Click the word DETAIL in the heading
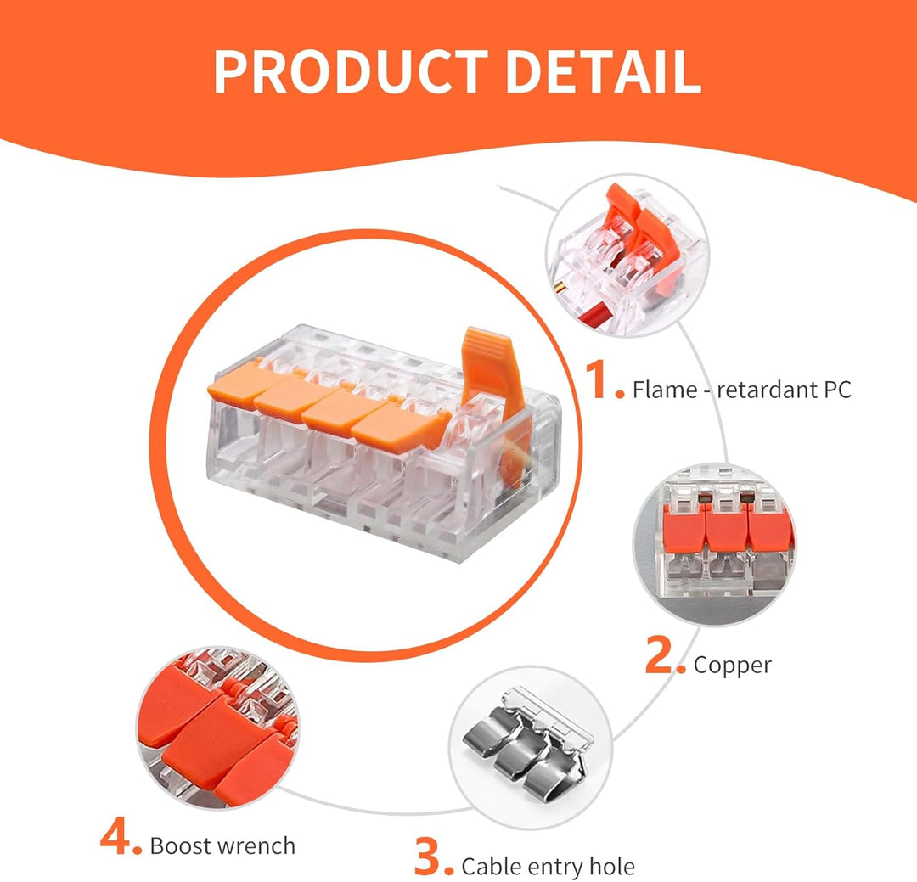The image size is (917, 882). click(603, 71)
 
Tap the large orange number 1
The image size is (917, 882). click(599, 380)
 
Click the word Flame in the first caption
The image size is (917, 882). click(665, 390)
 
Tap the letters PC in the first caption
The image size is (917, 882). click(837, 390)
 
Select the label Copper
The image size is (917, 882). click(732, 666)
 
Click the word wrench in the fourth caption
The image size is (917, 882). click(257, 845)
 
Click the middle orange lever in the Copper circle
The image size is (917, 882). click(727, 525)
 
